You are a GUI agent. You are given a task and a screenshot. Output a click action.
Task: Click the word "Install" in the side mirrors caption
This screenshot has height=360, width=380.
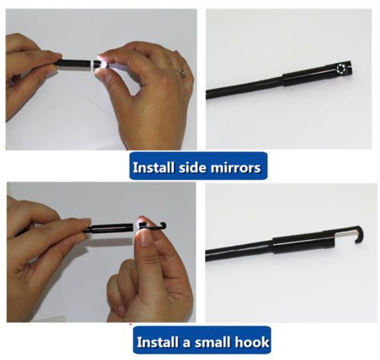click(x=154, y=167)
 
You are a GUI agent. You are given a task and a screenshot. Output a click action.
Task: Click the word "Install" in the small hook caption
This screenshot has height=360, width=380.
click(x=157, y=342)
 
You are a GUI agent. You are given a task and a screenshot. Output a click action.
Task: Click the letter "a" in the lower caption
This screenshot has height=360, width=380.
click(x=186, y=343)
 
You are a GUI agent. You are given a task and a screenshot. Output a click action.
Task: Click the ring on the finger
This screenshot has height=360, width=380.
click(x=182, y=74)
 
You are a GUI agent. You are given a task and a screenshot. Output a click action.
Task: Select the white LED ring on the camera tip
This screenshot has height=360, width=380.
click(x=341, y=68)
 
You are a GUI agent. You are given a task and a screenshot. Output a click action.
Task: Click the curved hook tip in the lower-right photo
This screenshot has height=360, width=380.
click(x=360, y=234)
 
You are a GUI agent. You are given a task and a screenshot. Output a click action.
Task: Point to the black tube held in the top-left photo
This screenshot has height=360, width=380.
click(x=74, y=63)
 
